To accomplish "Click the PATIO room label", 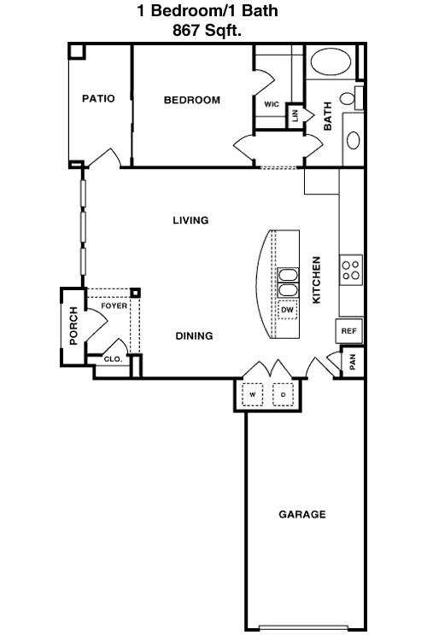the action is pyautogui.click(x=98, y=98).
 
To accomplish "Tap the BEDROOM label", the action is pyautogui.click(x=192, y=100).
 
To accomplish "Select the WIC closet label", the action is pyautogui.click(x=272, y=104).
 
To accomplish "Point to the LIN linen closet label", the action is pyautogui.click(x=295, y=116).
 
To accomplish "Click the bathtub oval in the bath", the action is pyautogui.click(x=330, y=62).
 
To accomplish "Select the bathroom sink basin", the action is pyautogui.click(x=354, y=141).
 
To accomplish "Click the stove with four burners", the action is pyautogui.click(x=351, y=270).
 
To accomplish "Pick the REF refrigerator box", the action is pyautogui.click(x=348, y=331).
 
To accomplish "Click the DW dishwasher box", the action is pyautogui.click(x=287, y=310).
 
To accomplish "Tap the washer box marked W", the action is pyautogui.click(x=253, y=394).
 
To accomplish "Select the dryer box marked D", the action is pyautogui.click(x=284, y=394).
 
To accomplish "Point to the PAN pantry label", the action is pyautogui.click(x=353, y=362).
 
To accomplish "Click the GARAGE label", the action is pyautogui.click(x=302, y=515).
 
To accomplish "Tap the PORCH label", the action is pyautogui.click(x=73, y=325).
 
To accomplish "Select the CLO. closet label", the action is pyautogui.click(x=113, y=359).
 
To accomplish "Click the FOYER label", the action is pyautogui.click(x=114, y=306).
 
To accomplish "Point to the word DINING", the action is pyautogui.click(x=195, y=335).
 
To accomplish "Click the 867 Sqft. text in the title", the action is pyautogui.click(x=207, y=30).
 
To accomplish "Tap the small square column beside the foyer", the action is pyautogui.click(x=136, y=293).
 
